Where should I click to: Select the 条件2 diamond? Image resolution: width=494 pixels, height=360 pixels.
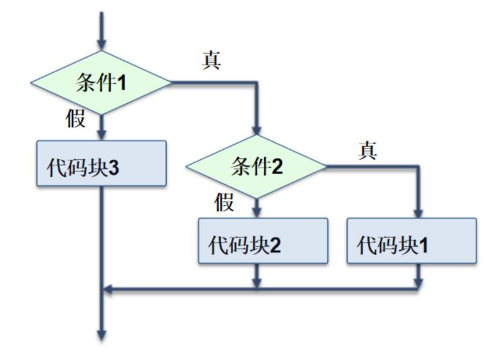tap(256, 166)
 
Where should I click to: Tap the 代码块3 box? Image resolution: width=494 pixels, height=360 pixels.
tap(101, 164)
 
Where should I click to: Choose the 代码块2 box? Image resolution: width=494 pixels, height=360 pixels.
tap(263, 241)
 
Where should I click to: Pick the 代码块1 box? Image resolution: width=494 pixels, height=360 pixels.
tap(411, 241)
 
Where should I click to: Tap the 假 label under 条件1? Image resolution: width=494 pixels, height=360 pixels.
tap(76, 118)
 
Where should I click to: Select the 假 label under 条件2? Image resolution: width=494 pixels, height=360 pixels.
tap(225, 202)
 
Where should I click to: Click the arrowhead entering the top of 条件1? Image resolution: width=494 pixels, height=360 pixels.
tap(101, 44)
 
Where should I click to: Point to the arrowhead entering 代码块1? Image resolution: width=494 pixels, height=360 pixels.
tap(418, 212)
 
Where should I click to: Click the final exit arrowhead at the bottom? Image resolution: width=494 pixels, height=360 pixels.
tap(101, 335)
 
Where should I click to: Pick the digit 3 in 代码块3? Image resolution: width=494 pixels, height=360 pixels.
tap(113, 168)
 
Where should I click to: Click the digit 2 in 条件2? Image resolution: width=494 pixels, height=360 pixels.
tap(277, 167)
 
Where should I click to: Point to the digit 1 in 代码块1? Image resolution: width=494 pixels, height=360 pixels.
tap(423, 246)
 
